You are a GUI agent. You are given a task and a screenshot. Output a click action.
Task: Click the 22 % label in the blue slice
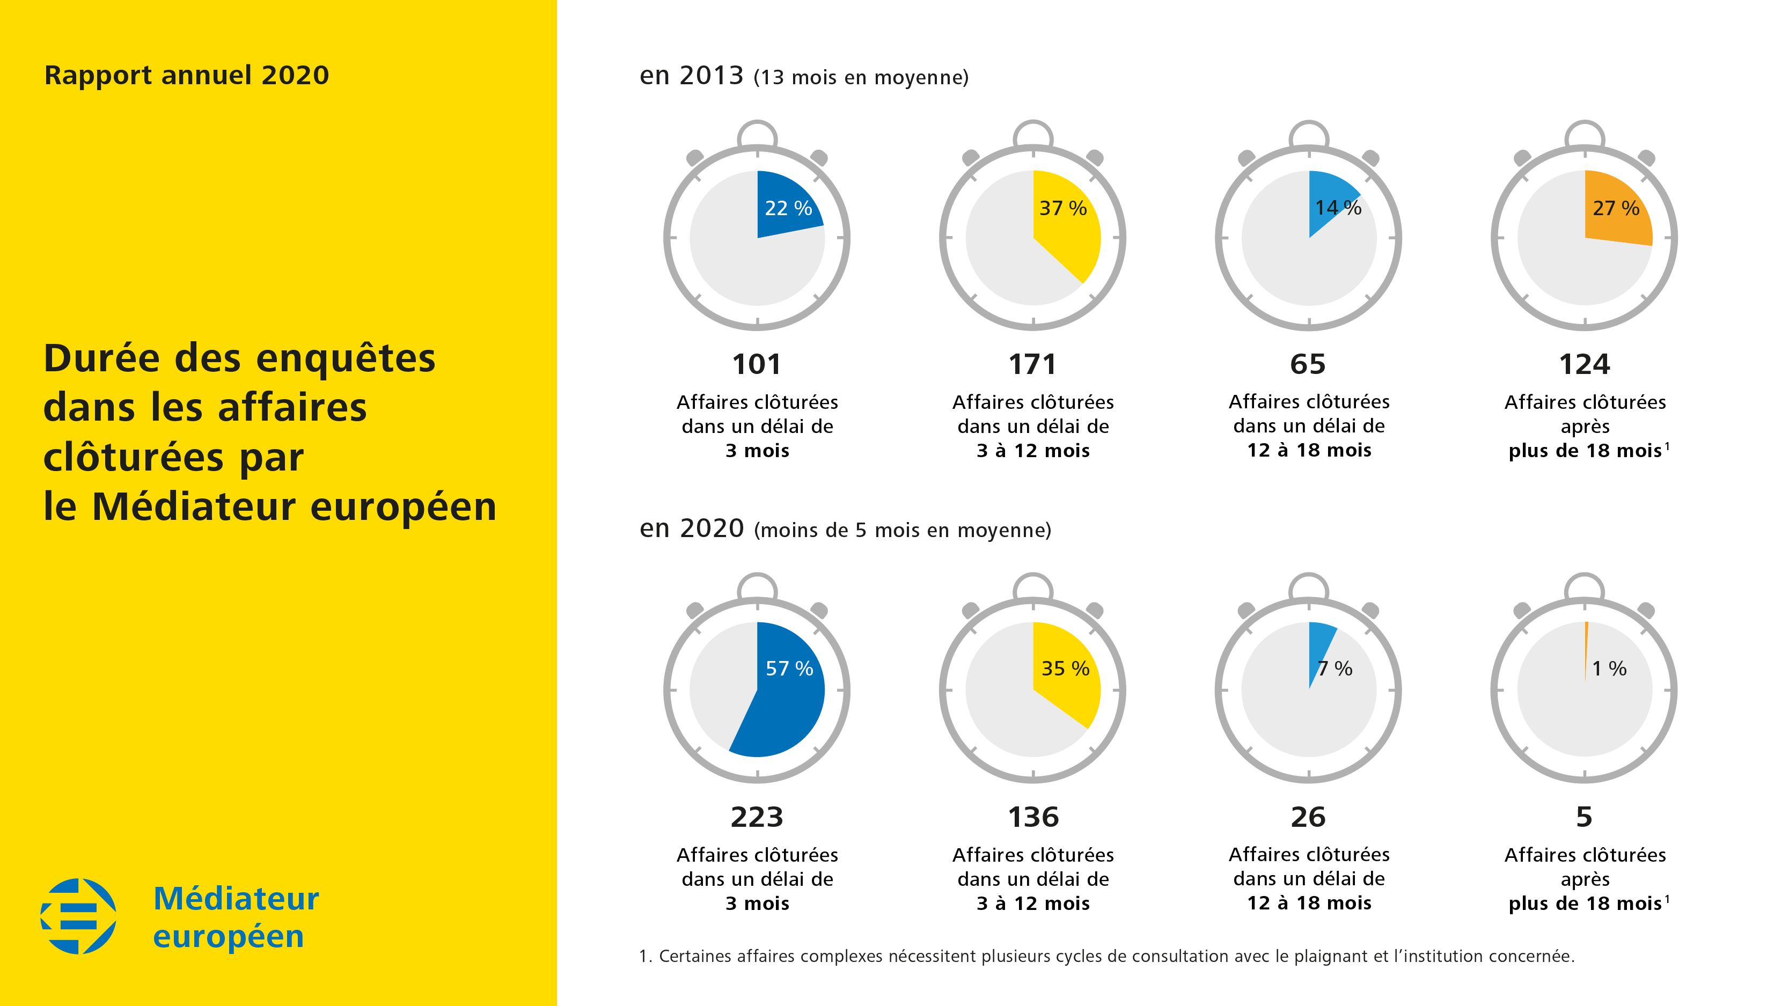pos(788,208)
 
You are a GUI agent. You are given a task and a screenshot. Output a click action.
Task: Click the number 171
pos(1033,364)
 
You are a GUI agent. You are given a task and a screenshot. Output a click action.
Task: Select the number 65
pos(1308,364)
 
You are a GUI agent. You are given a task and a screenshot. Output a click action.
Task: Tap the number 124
pos(1584,364)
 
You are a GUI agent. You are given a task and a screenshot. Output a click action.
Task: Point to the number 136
pos(1033,817)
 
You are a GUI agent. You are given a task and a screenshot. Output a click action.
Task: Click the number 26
pos(1308,817)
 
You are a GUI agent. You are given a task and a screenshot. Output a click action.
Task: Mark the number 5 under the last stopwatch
pos(1584,817)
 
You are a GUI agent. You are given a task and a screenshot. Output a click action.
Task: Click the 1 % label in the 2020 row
pos(1609,669)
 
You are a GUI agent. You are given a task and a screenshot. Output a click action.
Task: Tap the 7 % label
pos(1335,669)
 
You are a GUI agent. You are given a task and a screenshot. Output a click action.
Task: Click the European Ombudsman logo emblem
pos(78,916)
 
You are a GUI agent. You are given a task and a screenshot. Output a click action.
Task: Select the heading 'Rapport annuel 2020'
pos(186,75)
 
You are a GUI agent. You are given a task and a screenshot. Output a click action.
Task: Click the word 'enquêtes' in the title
pos(345,359)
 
